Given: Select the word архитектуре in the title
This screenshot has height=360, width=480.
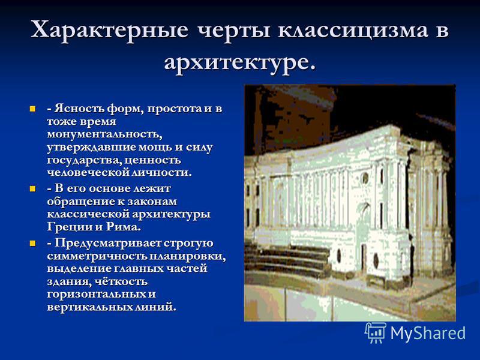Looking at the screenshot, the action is (236, 64).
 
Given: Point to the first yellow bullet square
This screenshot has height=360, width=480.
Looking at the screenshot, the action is (33, 109).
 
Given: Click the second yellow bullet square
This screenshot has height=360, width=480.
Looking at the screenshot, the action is (33, 188).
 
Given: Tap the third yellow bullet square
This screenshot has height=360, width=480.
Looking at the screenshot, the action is (33, 244).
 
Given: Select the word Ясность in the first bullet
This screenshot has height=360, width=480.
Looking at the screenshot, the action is (79, 109).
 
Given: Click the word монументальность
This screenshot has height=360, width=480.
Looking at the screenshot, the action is (104, 134).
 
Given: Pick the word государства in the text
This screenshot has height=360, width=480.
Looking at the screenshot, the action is (85, 160).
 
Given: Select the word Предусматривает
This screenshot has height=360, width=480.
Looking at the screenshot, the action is (108, 244).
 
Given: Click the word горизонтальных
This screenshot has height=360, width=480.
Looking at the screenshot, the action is (97, 295).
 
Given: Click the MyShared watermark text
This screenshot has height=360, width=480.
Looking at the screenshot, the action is (428, 333).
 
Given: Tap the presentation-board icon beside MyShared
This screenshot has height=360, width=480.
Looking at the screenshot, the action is (376, 332).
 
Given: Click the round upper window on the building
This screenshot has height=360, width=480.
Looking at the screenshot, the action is (365, 177).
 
